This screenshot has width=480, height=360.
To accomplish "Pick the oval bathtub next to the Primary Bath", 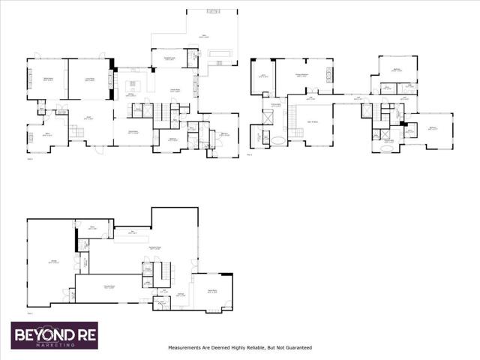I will coord(279,139).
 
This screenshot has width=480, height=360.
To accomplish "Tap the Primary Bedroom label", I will coord(303,76).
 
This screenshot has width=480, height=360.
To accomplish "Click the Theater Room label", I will coord(109,286).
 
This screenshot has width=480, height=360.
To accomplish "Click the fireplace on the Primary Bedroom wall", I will coord(328,75).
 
